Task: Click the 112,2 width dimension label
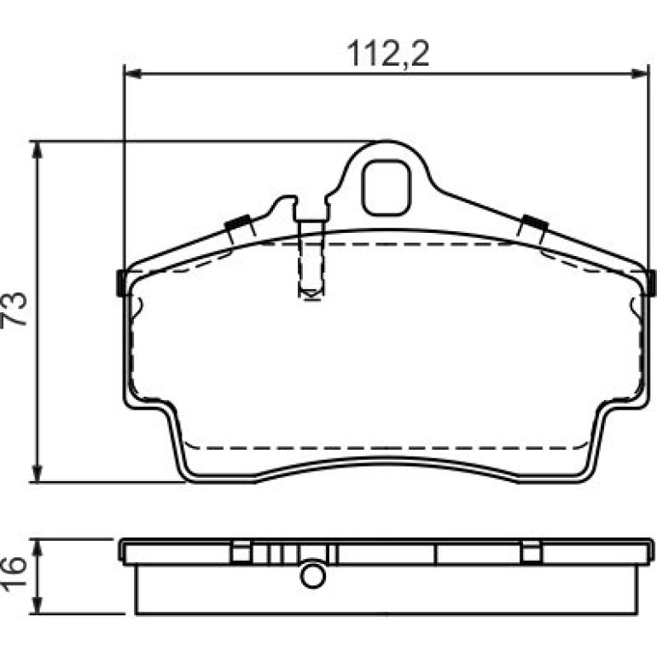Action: click(x=388, y=54)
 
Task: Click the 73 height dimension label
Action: click(x=15, y=309)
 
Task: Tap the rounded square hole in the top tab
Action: click(x=387, y=189)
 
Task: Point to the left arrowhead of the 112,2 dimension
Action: click(x=133, y=74)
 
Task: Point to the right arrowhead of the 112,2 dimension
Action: click(x=640, y=74)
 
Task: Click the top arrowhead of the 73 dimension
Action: click(x=38, y=149)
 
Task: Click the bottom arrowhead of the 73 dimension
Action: click(x=38, y=474)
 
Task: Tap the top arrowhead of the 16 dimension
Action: click(x=38, y=547)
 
